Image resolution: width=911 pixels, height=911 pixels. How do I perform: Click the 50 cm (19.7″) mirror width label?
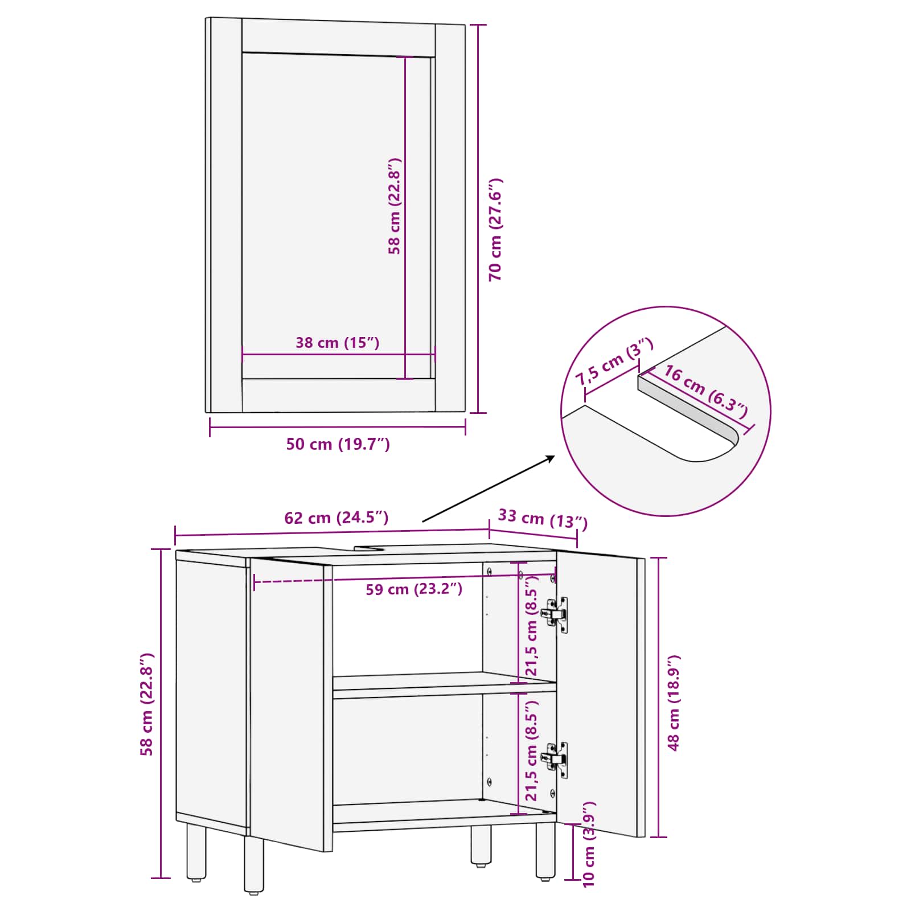click(x=338, y=444)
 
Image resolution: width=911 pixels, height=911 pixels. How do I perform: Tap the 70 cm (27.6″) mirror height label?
click(x=496, y=229)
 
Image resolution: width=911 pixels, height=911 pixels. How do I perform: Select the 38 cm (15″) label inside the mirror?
click(x=337, y=343)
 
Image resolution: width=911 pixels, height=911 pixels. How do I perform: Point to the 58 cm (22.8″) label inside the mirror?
click(x=395, y=206)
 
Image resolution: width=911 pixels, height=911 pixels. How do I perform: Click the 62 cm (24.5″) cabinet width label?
click(x=336, y=518)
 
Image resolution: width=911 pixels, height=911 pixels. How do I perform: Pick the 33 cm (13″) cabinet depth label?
click(x=543, y=518)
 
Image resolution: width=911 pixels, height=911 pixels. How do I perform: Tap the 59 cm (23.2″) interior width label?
click(x=414, y=589)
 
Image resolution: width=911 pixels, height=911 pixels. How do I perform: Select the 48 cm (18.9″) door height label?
click(x=674, y=703)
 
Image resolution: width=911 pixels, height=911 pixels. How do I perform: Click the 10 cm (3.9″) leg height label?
click(x=589, y=844)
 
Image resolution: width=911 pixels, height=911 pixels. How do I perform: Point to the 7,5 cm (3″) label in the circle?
click(x=614, y=362)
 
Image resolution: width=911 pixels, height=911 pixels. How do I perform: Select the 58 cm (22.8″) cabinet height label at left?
click(x=147, y=704)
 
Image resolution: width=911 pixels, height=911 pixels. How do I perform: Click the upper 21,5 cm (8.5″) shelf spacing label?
click(x=531, y=626)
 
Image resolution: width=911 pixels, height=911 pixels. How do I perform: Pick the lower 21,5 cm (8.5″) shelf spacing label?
click(x=531, y=750)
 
